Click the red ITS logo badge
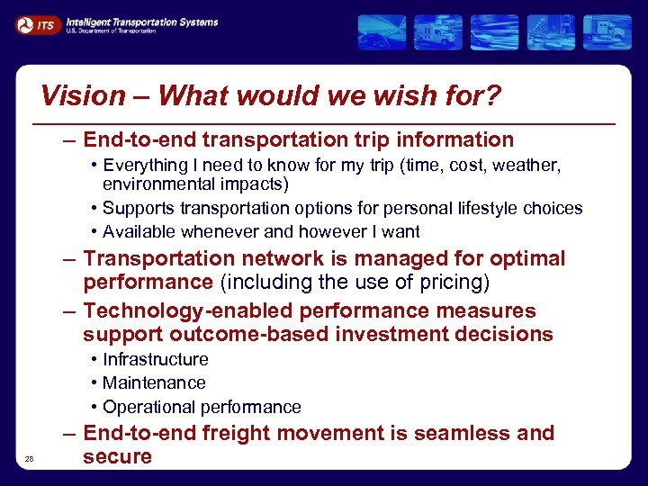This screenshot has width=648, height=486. coord(37,25)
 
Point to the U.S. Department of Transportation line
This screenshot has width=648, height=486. coord(111,31)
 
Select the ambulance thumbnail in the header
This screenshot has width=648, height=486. coord(439,32)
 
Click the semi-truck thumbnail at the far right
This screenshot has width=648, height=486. coord(607,32)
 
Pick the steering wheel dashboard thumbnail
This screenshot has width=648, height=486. coord(382,32)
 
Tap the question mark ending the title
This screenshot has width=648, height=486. coord(492,94)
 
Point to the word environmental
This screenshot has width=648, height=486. coord(154,184)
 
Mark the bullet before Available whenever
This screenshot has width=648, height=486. coord(94,232)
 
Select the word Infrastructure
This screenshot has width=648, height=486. coord(156,359)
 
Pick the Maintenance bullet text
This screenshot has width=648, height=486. coord(154,383)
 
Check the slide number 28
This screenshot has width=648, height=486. coord(29,459)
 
